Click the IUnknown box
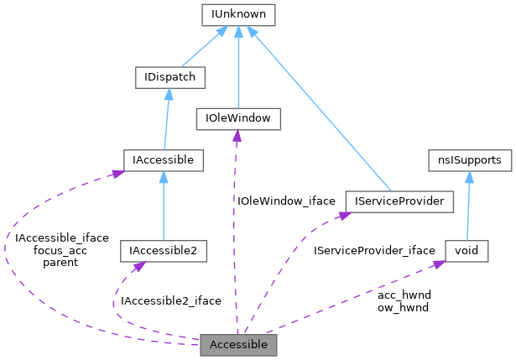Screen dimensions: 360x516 [239, 14]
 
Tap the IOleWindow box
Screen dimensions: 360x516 [237, 118]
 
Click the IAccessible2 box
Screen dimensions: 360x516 [163, 250]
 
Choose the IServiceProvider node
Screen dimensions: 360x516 [399, 201]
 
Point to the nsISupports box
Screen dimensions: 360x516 [465, 159]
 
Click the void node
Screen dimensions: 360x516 [466, 250]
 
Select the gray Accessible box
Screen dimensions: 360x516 [238, 345]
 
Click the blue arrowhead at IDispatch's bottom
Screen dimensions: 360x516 [168, 94]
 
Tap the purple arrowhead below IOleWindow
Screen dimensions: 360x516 [237, 135]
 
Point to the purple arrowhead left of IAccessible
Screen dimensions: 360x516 [117, 172]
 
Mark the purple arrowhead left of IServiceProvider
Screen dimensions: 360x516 [341, 216]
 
